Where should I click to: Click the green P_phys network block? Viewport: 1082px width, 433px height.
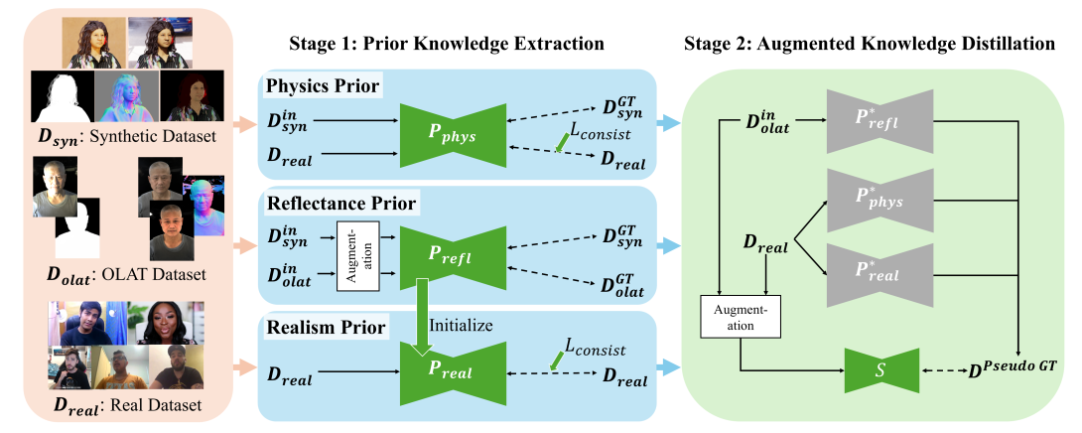pos(453,134)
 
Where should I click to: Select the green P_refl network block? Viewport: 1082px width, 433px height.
pos(453,255)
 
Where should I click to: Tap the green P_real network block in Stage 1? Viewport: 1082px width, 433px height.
pos(453,373)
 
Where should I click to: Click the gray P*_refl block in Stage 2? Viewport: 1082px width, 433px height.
pos(879,121)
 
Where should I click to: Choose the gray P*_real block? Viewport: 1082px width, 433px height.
pos(879,274)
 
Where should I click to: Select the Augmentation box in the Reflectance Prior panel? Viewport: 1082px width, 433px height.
pos(359,255)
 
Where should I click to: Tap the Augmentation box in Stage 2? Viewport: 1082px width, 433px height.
pos(741,317)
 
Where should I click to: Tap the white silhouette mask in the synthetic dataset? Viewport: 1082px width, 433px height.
pos(62,96)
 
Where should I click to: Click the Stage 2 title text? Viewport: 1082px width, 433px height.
pos(870,44)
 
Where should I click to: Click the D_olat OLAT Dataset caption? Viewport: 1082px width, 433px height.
pos(126,275)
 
